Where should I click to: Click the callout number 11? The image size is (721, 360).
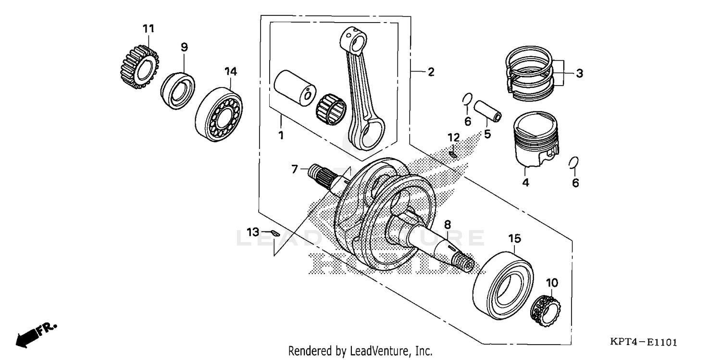point(149,29)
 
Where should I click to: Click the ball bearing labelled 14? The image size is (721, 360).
point(219,112)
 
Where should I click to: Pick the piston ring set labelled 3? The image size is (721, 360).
point(528,74)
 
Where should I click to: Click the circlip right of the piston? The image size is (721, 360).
point(573,163)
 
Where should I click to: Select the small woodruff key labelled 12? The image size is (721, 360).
point(453,154)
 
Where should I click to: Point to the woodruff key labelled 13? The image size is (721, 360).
point(274,233)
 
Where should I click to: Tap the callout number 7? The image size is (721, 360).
point(295,169)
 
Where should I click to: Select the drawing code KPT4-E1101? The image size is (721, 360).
point(644,342)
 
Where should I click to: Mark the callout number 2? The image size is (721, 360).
point(431,72)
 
